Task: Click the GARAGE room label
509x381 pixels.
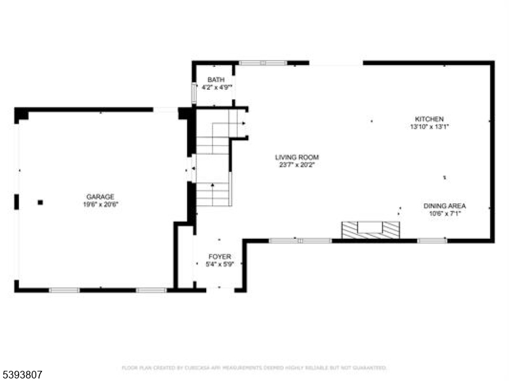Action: coord(101,197)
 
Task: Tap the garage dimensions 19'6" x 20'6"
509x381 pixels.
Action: coord(101,205)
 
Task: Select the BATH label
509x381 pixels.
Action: coord(216,79)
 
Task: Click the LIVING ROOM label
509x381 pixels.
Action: coord(296,157)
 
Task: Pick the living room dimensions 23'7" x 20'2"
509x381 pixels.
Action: coord(296,164)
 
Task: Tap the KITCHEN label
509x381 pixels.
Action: coord(429,119)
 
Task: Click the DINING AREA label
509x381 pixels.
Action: coord(445,206)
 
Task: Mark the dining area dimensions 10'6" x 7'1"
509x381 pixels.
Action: coord(445,213)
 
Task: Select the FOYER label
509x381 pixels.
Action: coord(220,256)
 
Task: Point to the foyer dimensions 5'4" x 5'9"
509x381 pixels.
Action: coord(220,264)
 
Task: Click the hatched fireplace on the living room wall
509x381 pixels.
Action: coord(370,230)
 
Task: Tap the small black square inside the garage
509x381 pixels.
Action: coord(40,203)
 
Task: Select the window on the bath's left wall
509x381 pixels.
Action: coord(193,93)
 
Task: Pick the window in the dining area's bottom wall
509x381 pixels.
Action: coord(432,240)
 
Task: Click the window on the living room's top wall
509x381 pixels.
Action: coord(263,63)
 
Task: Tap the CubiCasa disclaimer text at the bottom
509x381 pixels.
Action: coord(254,368)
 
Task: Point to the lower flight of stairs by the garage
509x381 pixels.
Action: coord(212,194)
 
